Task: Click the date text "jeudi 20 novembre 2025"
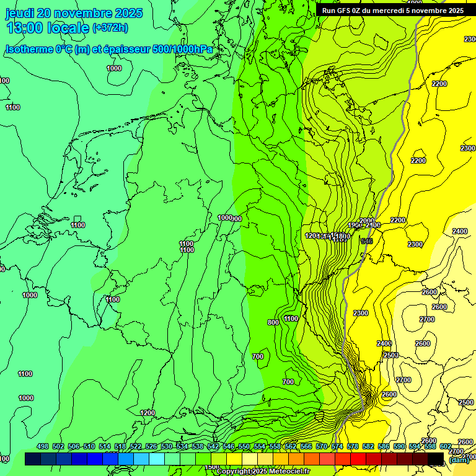click(x=74, y=13)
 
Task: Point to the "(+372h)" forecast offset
click(x=110, y=27)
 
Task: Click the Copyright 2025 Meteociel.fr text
click(x=263, y=472)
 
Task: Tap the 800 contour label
click(x=273, y=322)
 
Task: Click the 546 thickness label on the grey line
click(x=367, y=241)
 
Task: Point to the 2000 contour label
click(x=366, y=221)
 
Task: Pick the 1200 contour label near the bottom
click(x=148, y=413)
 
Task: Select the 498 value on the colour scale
click(x=43, y=446)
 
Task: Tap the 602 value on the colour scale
click(x=446, y=446)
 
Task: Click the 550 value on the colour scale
click(x=244, y=446)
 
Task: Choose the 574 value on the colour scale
click(x=337, y=446)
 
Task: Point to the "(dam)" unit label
click(x=459, y=459)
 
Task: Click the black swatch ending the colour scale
click(x=436, y=459)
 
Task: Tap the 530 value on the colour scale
click(x=167, y=446)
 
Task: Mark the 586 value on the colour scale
click(x=384, y=446)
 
